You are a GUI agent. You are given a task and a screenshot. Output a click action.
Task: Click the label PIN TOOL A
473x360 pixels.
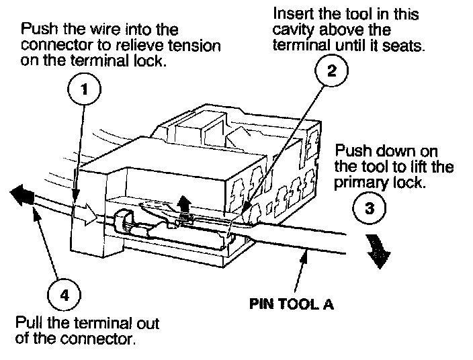[x=291, y=303]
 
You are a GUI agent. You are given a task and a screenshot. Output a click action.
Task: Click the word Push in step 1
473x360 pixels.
[x=38, y=30]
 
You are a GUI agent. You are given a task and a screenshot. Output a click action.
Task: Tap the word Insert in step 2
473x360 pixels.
[x=290, y=13]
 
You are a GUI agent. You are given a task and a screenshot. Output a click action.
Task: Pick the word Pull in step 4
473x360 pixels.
[x=28, y=322]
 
